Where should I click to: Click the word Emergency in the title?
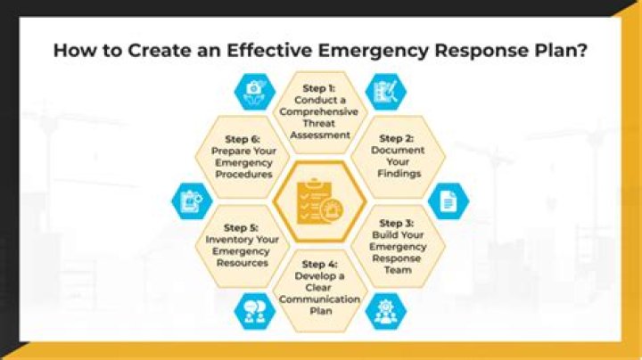pos(373,51)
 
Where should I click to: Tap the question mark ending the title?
pos(581,50)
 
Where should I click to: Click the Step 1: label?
pos(318,88)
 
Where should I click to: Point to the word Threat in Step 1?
pos(318,123)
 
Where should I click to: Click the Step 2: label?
pos(396,139)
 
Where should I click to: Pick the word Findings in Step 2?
pos(399,174)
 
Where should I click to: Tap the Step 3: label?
pos(396,224)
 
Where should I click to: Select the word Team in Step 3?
pos(398,270)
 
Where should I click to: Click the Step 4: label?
pos(319,265)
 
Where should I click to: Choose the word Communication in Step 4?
pos(319,299)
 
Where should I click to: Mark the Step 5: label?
pos(241,228)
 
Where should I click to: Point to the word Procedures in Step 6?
pos(243,175)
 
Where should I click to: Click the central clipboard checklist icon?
pos(320,200)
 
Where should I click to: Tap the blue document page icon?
pos(449,201)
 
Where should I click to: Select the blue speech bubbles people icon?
pos(255,312)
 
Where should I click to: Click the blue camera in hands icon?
pos(255,92)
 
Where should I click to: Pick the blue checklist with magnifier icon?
pos(386,92)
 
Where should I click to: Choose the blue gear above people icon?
pos(386,312)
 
